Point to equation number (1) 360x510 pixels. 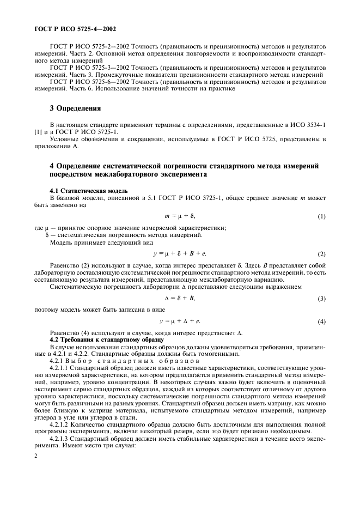pos(322,216)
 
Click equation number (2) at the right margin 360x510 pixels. pos(322,254)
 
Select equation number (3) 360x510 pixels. pos(322,299)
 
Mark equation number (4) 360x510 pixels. pos(322,321)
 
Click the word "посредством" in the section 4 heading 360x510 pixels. pos(74,175)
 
